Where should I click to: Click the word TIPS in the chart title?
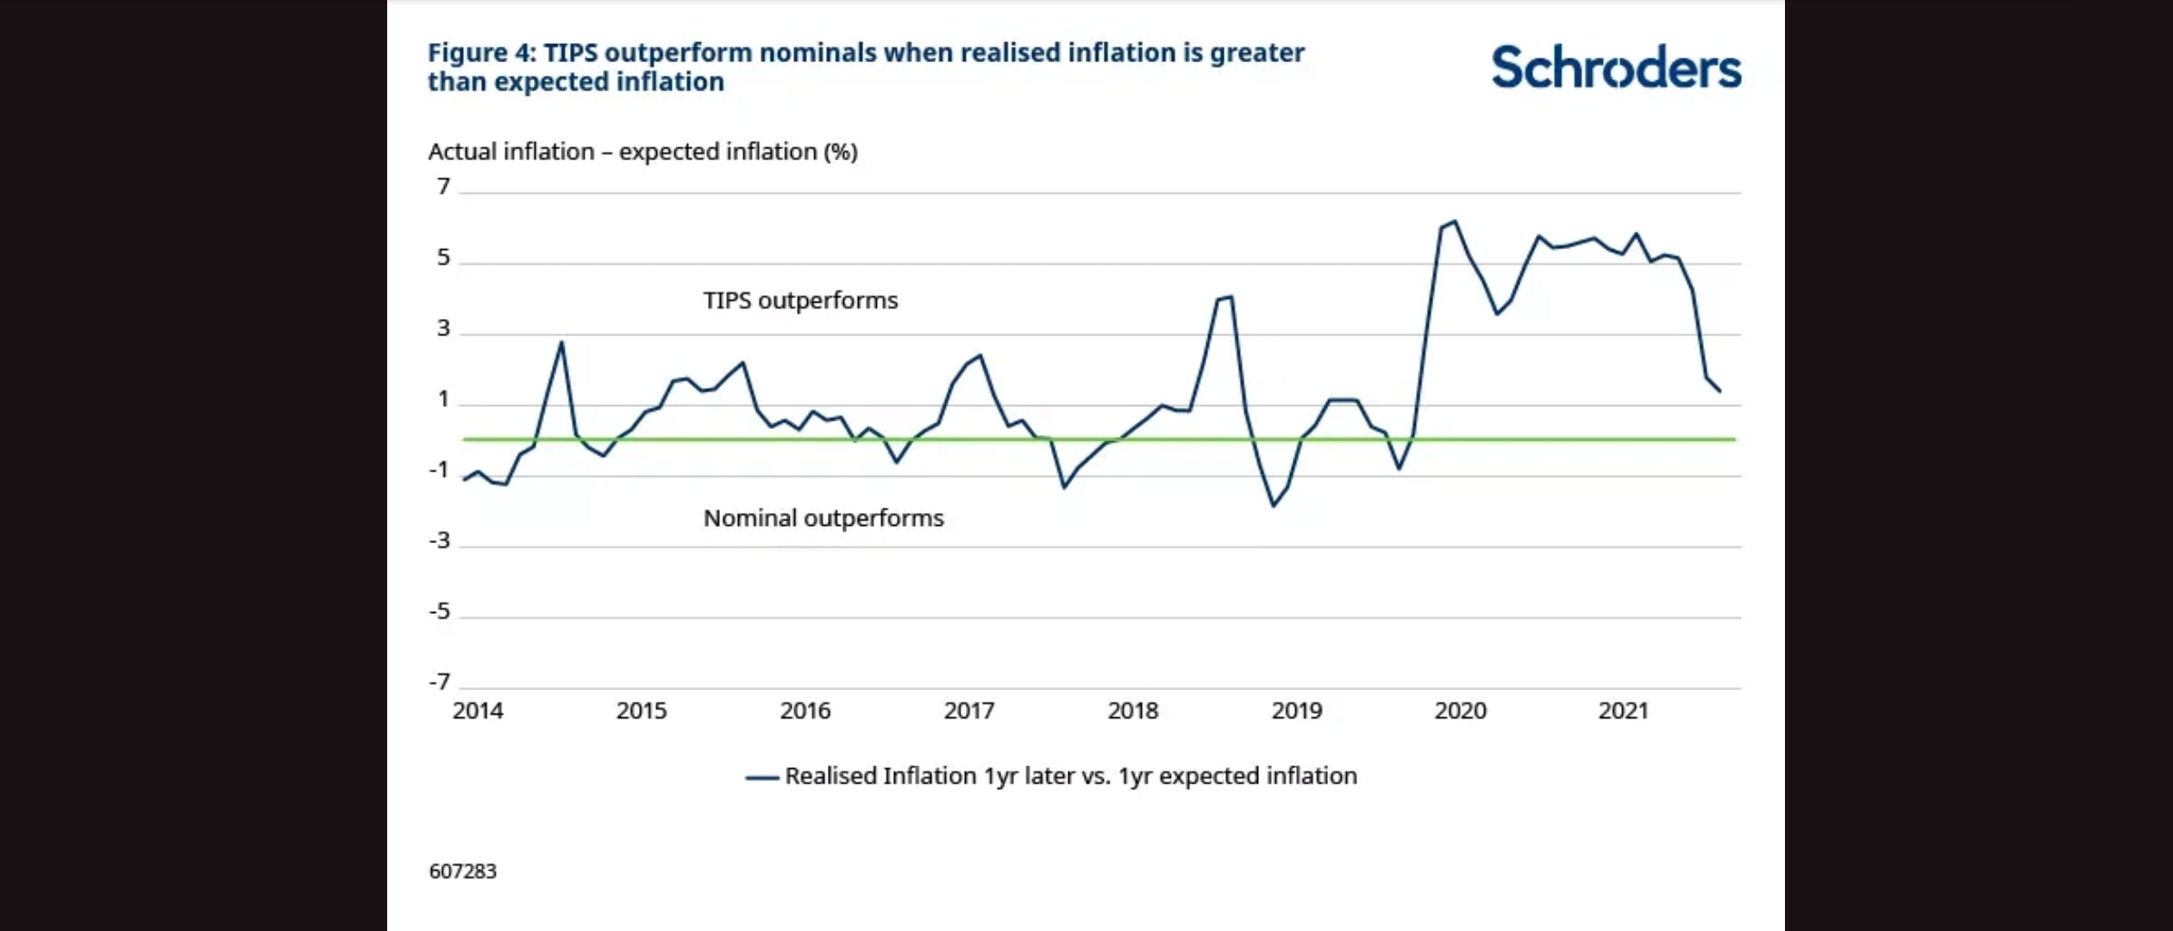(x=570, y=53)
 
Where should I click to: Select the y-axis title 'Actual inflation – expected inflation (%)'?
(x=642, y=152)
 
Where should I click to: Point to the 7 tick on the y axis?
(x=443, y=186)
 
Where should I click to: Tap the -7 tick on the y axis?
(x=440, y=682)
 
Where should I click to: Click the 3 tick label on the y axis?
(x=443, y=328)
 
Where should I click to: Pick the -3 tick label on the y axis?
(x=440, y=540)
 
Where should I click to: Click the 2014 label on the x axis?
(x=478, y=711)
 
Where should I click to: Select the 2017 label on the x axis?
(x=968, y=711)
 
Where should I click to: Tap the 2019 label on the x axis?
(x=1296, y=711)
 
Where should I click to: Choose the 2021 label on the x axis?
(x=1623, y=711)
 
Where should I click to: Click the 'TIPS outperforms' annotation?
(x=800, y=301)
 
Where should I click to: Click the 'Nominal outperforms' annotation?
(x=823, y=518)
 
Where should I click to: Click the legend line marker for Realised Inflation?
(x=762, y=778)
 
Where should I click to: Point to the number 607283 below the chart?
(x=463, y=872)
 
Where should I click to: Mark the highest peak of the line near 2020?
(x=1456, y=222)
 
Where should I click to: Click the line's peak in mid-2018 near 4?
(x=1231, y=297)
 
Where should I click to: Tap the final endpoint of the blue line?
(x=1720, y=391)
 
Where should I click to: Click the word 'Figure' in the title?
(x=467, y=53)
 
